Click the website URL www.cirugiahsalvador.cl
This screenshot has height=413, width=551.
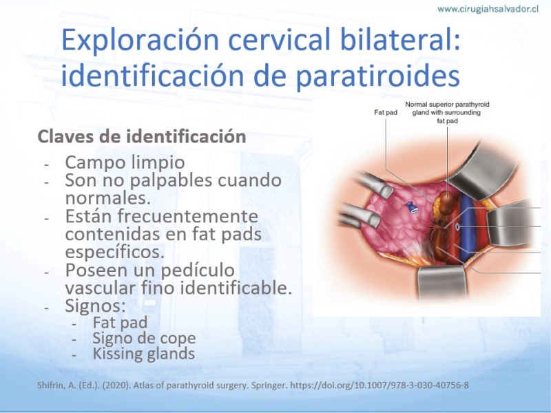(488, 9)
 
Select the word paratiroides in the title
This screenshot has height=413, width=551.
(377, 76)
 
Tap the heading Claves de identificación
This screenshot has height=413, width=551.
(142, 136)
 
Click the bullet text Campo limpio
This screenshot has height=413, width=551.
(125, 162)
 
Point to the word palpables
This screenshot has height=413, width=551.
(171, 180)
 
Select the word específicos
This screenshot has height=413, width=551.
(114, 252)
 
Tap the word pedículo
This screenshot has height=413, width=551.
(198, 271)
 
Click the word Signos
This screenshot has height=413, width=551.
(95, 306)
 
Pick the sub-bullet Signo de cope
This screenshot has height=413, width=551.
(144, 338)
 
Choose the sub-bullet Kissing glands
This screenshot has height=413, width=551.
(143, 354)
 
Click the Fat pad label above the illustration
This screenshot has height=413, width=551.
(386, 112)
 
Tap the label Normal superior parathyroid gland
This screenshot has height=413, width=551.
(447, 108)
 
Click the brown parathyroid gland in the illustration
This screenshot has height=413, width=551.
(448, 202)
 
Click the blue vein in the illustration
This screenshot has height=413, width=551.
(466, 225)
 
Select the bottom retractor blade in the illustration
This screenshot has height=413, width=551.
(442, 283)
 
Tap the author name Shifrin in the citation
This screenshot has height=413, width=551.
(48, 385)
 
